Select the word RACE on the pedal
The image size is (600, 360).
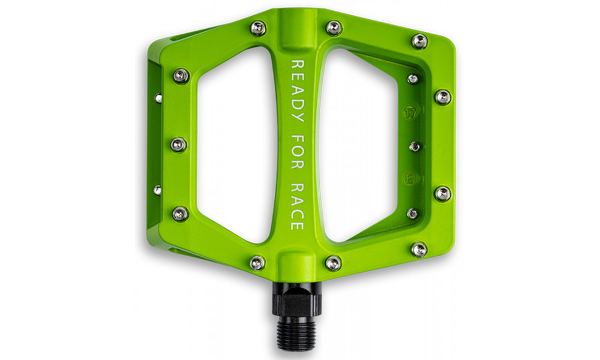pos(297,207)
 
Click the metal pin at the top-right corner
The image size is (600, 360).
pos(419,41)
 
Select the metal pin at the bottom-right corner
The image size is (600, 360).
pos(419,249)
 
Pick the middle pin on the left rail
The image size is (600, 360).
pos(179,144)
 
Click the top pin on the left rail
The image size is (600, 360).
pos(181,76)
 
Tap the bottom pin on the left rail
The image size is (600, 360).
pos(180,213)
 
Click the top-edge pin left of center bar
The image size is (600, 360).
pos(258,28)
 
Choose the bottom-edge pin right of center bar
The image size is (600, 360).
pos(334,262)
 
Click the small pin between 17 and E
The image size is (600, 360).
pos(414,146)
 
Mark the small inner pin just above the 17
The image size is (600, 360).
pos(413,79)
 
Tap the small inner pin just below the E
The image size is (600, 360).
pos(412,213)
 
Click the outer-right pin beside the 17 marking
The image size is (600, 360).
pos(443,97)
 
